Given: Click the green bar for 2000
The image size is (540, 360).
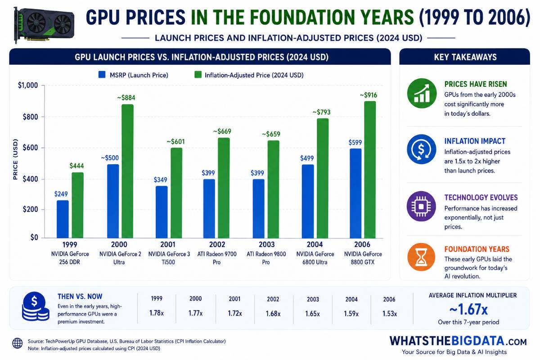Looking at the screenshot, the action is [127, 171].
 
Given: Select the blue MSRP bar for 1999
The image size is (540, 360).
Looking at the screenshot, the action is [63, 219].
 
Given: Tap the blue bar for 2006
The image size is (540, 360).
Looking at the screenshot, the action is [355, 193].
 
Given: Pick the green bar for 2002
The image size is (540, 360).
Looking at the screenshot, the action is [224, 188].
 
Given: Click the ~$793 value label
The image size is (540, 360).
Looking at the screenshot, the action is [322, 112].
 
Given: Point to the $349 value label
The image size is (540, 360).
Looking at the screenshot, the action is [160, 180].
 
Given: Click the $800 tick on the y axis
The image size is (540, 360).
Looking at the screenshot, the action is [31, 117].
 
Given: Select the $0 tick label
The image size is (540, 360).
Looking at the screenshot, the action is [34, 238].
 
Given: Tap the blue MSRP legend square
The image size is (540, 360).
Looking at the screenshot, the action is [102, 75].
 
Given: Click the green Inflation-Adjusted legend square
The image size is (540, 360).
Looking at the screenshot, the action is [198, 75].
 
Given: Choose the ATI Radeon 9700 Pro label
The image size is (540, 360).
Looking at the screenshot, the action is [217, 258].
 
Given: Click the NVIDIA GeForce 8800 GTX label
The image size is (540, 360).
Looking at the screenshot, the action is [363, 258].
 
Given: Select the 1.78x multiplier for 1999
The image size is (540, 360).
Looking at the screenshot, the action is [157, 313].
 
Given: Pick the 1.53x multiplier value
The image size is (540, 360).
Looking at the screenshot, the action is [390, 314].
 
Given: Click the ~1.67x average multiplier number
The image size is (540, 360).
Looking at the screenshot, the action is [468, 309].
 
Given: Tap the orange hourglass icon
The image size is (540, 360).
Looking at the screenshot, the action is [421, 257].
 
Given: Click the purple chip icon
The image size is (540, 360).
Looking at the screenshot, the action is [421, 207].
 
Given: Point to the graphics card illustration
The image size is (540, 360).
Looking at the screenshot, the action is [44, 25].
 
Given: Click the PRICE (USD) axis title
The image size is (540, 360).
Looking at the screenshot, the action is [15, 159].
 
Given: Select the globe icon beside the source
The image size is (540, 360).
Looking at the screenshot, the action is [18, 343].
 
